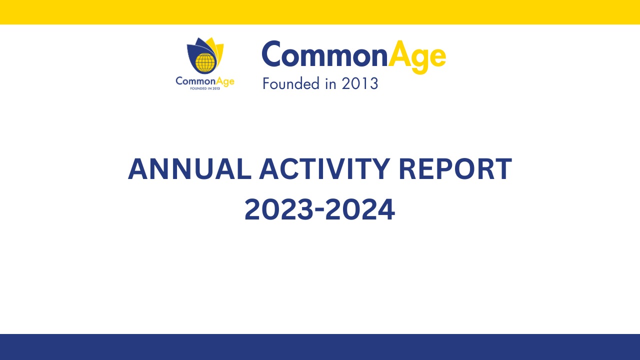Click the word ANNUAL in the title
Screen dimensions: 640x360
pyautogui.click(x=189, y=169)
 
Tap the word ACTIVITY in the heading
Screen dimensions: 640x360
pyautogui.click(x=324, y=169)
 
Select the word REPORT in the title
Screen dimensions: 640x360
pyautogui.click(x=455, y=169)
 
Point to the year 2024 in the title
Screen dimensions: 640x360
pyautogui.click(x=360, y=209)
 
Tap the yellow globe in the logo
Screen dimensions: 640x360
pyautogui.click(x=204, y=62)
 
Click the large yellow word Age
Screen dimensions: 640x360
pyautogui.click(x=417, y=57)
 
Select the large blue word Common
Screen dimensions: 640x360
pyautogui.click(x=324, y=54)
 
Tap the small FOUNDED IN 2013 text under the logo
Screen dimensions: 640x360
pyautogui.click(x=205, y=88)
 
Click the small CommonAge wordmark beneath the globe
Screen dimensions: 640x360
pyautogui.click(x=205, y=81)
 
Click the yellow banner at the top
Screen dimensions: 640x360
pyautogui.click(x=320, y=12)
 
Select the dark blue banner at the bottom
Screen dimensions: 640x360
pyautogui.click(x=320, y=347)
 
